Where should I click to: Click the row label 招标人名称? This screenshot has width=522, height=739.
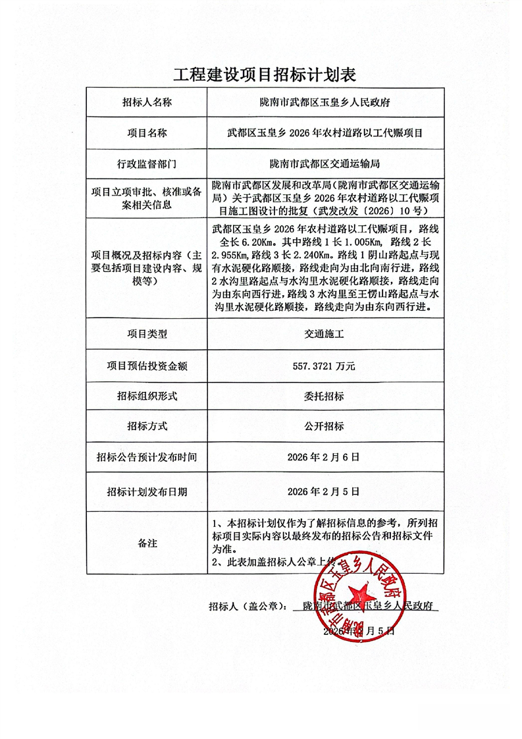point(147,103)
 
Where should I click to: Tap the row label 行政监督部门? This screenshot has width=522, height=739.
point(147,162)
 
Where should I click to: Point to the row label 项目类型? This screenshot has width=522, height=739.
point(147,334)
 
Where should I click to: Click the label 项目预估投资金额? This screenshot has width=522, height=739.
point(147,366)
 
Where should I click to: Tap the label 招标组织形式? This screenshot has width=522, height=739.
point(147,397)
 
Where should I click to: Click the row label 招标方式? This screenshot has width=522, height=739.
point(147,426)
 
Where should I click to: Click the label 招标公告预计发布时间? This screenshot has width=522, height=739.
point(147,456)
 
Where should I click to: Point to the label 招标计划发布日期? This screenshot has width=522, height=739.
point(147,491)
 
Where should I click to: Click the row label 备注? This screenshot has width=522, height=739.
point(147,543)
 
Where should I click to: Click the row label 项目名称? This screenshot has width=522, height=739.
point(147,132)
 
